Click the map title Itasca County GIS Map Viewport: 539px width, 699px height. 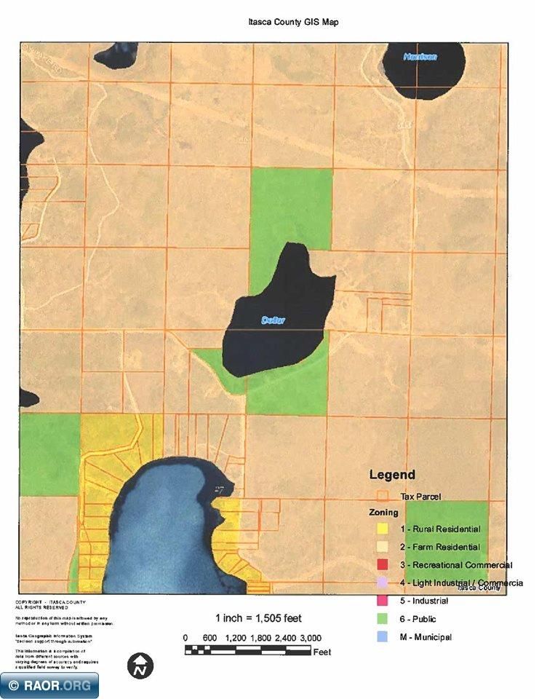click(293, 23)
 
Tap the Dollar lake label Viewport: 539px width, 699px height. click(274, 320)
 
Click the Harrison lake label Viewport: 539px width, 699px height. click(420, 56)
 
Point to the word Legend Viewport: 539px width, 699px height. click(392, 475)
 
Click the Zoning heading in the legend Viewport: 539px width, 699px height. click(383, 513)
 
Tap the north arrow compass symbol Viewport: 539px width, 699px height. click(140, 664)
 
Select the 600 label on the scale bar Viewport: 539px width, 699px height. click(209, 639)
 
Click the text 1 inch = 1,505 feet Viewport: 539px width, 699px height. click(257, 618)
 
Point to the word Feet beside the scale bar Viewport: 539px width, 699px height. click(322, 652)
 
